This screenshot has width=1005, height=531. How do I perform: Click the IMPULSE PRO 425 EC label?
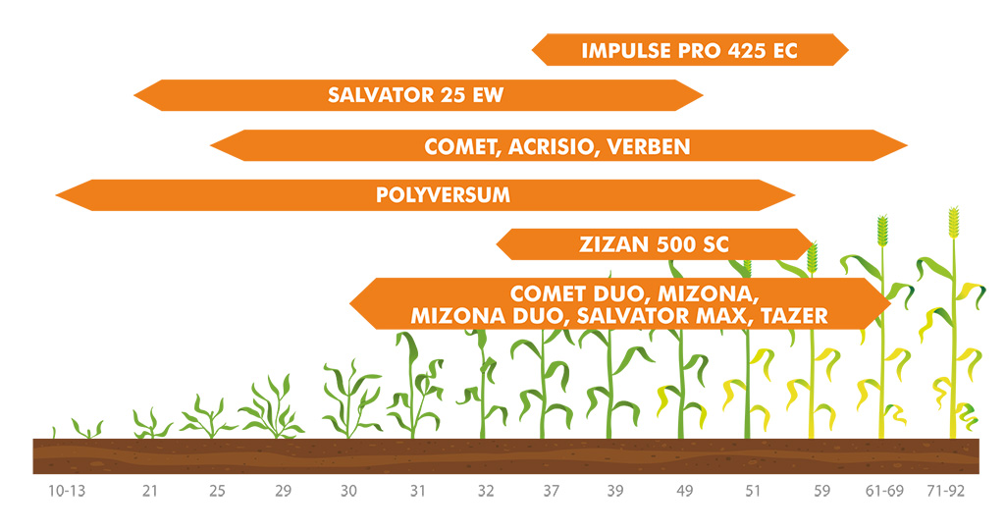[x=689, y=51]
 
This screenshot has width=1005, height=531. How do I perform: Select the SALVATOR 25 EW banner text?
[x=415, y=95]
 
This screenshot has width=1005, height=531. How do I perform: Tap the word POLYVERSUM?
[x=443, y=195]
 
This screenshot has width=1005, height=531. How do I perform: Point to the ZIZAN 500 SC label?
[x=654, y=244]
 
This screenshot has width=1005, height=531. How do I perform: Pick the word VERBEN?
[x=649, y=147]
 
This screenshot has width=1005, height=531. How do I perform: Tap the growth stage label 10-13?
[x=67, y=491]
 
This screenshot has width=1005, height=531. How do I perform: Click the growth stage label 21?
[x=150, y=491]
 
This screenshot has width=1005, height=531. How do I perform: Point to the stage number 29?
[x=284, y=491]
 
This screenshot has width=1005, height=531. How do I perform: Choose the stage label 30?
[x=348, y=491]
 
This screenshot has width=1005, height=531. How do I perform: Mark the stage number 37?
[x=552, y=491]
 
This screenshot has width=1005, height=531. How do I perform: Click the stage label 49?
[x=684, y=491]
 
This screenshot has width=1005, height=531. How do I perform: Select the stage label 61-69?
[x=884, y=491]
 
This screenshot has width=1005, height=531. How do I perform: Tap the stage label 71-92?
[x=946, y=491]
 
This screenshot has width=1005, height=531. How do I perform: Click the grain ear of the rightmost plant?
[x=954, y=223]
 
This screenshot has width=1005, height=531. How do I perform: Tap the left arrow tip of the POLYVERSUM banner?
[x=56, y=195]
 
